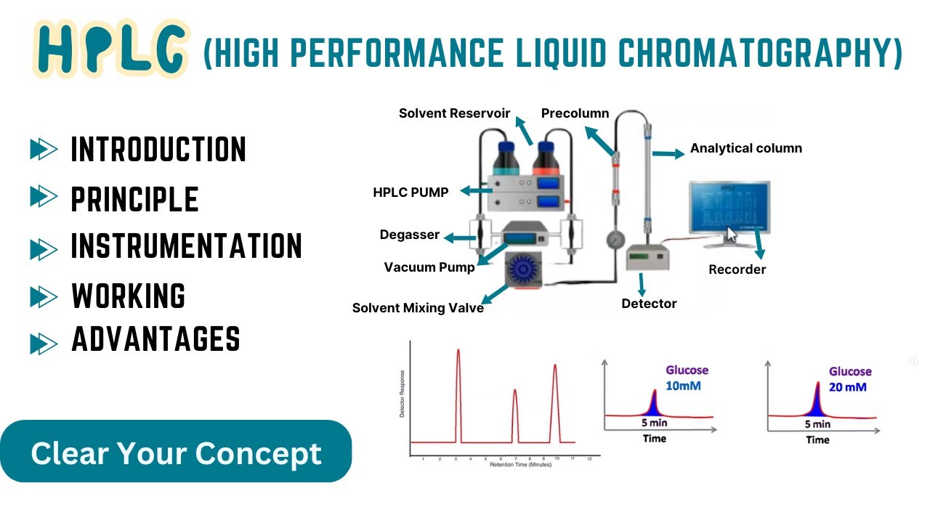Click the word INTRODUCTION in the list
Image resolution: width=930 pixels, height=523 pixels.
pyautogui.click(x=158, y=150)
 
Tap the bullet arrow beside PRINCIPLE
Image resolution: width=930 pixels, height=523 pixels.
pyautogui.click(x=44, y=197)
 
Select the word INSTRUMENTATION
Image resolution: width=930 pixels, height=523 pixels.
pyautogui.click(x=186, y=246)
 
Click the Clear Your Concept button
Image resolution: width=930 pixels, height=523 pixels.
pyautogui.click(x=176, y=453)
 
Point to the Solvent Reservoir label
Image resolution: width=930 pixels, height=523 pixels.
pyautogui.click(x=454, y=113)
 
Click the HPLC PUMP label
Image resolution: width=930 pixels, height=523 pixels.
pyautogui.click(x=411, y=192)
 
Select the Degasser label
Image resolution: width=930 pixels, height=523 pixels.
pyautogui.click(x=409, y=235)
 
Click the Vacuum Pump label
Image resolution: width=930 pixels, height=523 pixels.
pyautogui.click(x=429, y=267)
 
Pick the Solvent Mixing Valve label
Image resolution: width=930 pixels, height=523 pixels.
pyautogui.click(x=418, y=308)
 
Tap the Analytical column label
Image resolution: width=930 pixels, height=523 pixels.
pyautogui.click(x=745, y=148)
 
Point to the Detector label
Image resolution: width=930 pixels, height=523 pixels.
pyautogui.click(x=649, y=304)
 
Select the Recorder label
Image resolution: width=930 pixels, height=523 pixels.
pyautogui.click(x=737, y=269)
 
